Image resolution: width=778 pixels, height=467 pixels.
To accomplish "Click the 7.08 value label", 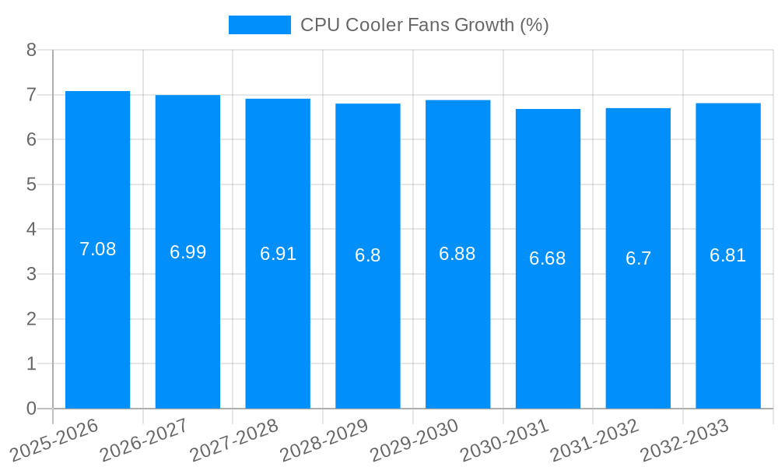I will [97, 250].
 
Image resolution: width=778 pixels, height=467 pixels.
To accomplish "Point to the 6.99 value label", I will [187, 252].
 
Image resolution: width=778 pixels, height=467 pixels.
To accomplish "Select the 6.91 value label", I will [278, 254].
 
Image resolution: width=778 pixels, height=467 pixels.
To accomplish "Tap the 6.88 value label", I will [457, 255].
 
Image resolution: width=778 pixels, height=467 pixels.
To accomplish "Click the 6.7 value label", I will [638, 258].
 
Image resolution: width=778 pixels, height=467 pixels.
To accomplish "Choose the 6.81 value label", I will [728, 255].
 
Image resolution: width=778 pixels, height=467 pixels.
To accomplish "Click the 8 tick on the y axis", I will [31, 50].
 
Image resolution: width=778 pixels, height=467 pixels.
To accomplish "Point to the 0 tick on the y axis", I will [31, 409].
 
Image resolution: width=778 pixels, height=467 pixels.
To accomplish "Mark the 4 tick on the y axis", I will [31, 230].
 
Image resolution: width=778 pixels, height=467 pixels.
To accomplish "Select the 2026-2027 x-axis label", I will [144, 439].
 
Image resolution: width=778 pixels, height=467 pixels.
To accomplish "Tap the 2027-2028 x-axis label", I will [234, 439].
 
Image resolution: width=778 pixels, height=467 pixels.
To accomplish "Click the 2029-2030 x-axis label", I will [414, 439].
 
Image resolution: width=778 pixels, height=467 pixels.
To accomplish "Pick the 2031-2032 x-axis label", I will [594, 439].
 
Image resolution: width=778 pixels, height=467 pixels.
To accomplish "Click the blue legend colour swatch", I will [259, 25].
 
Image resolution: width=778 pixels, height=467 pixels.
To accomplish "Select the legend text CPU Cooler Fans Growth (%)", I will [425, 25].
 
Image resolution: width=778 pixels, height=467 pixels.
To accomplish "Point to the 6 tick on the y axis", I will [31, 139].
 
